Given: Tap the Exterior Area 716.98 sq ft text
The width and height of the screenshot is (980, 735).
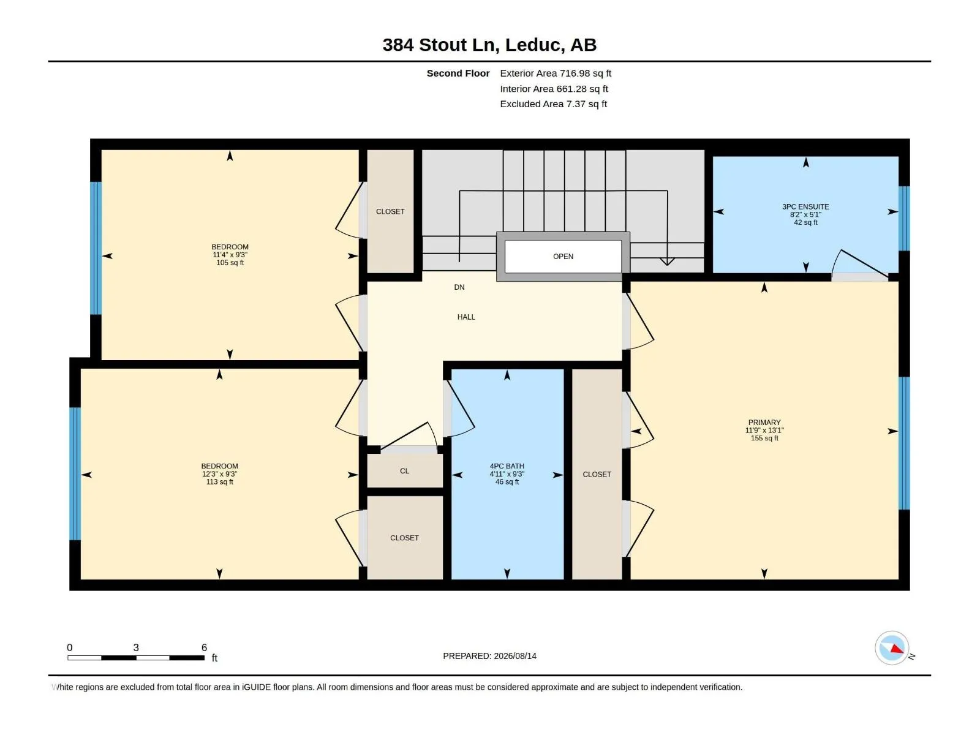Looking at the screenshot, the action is click(x=556, y=73).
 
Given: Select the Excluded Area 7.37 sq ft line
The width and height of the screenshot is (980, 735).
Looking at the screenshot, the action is click(x=553, y=104).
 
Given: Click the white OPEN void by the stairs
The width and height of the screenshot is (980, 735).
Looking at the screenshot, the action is click(x=563, y=257).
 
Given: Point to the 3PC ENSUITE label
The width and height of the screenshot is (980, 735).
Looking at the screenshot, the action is click(x=805, y=206).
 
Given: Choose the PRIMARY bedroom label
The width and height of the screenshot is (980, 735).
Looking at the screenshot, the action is click(x=764, y=422).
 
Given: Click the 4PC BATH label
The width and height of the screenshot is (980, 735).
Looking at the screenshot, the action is click(x=507, y=466).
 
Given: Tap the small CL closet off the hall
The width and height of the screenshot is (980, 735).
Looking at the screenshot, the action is click(x=404, y=471).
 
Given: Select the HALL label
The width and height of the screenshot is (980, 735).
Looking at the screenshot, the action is click(x=466, y=317).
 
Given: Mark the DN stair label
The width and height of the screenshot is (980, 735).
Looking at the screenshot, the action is click(x=459, y=287).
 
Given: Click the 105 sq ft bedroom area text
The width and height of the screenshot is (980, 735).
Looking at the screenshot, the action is click(x=230, y=262).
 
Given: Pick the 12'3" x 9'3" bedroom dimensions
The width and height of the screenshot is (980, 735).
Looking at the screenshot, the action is click(x=219, y=474).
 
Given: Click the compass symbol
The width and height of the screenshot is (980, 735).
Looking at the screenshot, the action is click(x=892, y=648).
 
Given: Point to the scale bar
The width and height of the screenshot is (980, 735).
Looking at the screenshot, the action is click(x=136, y=658).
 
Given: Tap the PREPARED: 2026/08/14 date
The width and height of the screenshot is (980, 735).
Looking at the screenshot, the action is click(x=490, y=656).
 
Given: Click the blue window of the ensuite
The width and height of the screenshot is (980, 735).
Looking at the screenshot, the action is click(x=904, y=219).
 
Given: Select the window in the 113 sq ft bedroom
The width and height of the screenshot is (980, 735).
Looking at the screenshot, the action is click(x=75, y=473).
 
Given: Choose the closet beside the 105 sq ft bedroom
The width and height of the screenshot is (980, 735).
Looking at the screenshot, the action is click(x=390, y=211).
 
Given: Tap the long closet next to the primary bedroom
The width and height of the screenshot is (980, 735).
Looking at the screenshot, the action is click(x=597, y=474).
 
